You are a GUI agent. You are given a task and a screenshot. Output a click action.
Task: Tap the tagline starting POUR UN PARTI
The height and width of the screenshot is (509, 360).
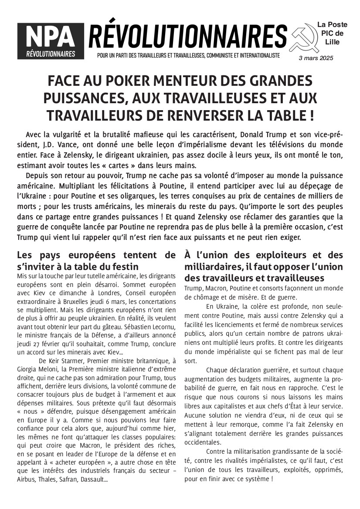coord(188,56)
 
